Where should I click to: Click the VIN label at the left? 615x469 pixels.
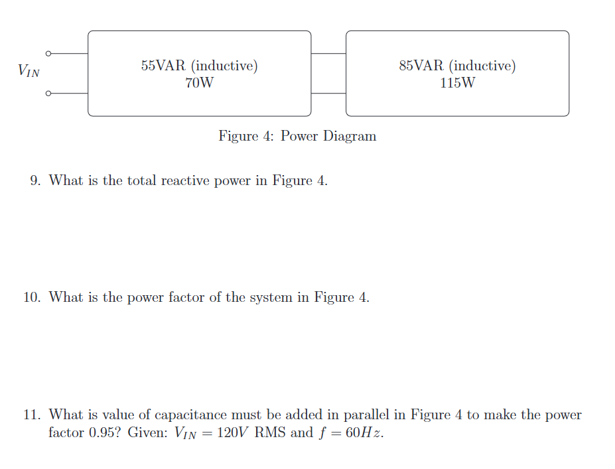(x=29, y=70)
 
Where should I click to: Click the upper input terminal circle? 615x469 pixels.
(x=48, y=53)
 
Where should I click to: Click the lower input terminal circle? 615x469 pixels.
(x=48, y=94)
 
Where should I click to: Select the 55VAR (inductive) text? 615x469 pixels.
(x=199, y=66)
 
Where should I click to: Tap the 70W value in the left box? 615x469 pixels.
(x=199, y=84)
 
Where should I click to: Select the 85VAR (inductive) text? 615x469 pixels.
(x=457, y=66)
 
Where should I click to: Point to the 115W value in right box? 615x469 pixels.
(x=457, y=84)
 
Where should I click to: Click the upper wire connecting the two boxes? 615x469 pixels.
(x=328, y=53)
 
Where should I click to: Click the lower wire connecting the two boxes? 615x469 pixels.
(x=328, y=94)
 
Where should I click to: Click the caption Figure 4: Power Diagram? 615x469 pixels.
(x=297, y=136)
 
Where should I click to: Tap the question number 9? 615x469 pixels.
(x=36, y=180)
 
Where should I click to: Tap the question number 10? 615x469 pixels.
(x=32, y=297)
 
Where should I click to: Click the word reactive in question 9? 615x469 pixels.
(x=186, y=180)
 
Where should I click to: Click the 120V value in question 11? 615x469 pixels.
(x=233, y=433)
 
